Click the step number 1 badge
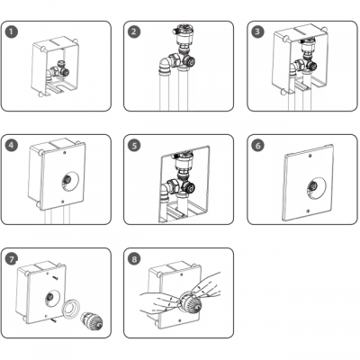12,31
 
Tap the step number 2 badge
134,31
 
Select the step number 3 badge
257,31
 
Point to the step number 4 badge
12,145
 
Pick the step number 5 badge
134,145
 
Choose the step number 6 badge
257,145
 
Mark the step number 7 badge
12,259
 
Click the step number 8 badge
134,259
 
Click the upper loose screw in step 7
56,278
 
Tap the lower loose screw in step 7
54,320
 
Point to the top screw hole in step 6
310,156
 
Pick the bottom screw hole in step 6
308,211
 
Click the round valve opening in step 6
316,187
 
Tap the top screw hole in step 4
66,152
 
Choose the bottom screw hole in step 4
62,202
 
